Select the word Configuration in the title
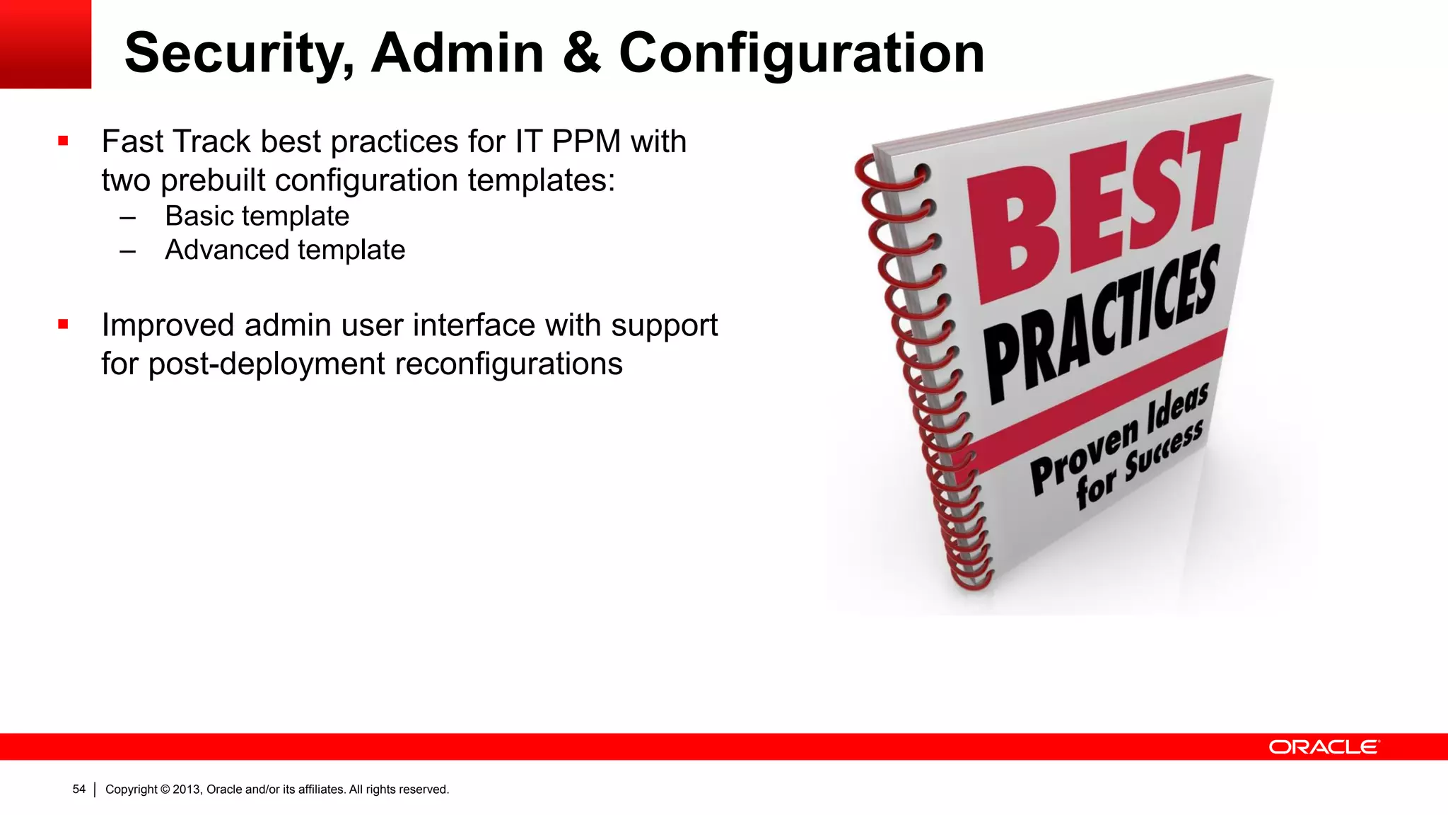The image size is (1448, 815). (x=801, y=54)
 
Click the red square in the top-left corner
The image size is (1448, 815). (x=45, y=44)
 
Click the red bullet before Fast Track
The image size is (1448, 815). (x=64, y=141)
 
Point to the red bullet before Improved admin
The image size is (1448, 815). (x=64, y=325)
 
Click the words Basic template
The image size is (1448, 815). (x=257, y=216)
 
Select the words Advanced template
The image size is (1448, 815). (x=285, y=250)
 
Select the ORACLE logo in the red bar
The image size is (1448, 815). (x=1324, y=747)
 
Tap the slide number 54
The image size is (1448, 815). (x=78, y=790)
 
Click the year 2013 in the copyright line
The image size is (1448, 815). (x=187, y=790)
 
